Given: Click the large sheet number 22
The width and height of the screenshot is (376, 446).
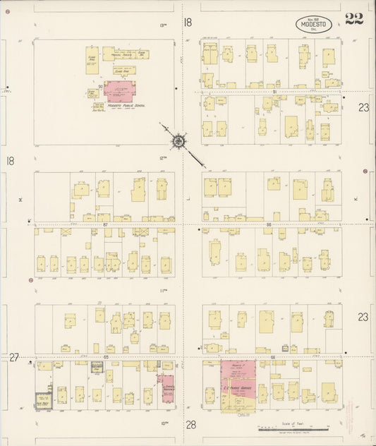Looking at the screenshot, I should pyautogui.click(x=353, y=19).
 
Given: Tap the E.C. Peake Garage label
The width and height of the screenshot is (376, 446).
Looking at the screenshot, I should pyautogui.click(x=236, y=385).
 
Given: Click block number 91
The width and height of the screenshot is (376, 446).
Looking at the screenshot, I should pyautogui.click(x=272, y=91).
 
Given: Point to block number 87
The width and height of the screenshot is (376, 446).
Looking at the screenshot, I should pyautogui.click(x=105, y=225).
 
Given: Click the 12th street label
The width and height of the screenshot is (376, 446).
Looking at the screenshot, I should pyautogui.click(x=162, y=157).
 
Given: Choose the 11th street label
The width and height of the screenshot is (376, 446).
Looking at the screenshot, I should pyautogui.click(x=162, y=290).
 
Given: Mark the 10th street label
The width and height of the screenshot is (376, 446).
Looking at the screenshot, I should pyautogui.click(x=163, y=422).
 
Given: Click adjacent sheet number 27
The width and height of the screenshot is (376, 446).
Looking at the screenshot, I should pyautogui.click(x=13, y=358).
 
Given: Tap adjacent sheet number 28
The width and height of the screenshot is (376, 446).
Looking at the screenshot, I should pyautogui.click(x=190, y=425).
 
